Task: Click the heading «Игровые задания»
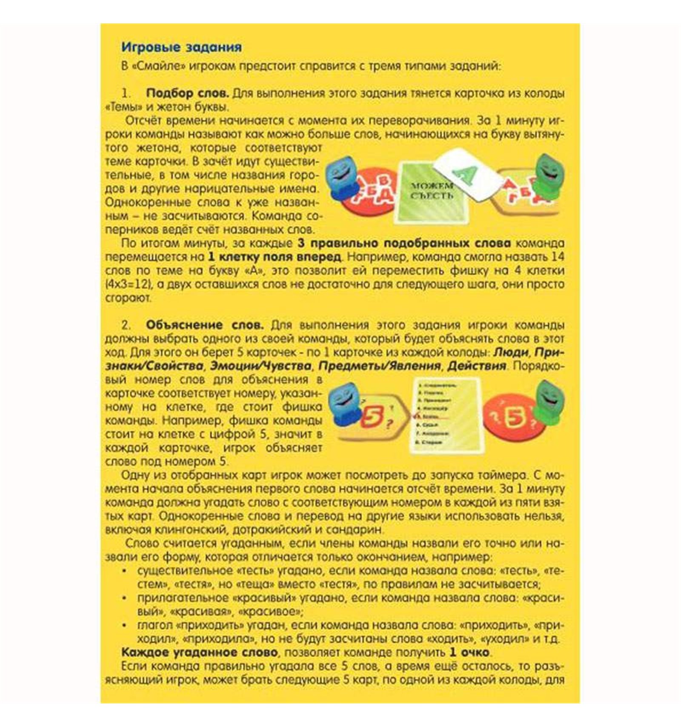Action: pyautogui.click(x=181, y=47)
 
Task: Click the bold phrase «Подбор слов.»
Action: pyautogui.click(x=187, y=93)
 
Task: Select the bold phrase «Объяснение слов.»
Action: pyautogui.click(x=205, y=325)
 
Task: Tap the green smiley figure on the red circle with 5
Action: pyautogui.click(x=550, y=402)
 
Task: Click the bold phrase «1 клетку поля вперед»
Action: pyautogui.click(x=275, y=257)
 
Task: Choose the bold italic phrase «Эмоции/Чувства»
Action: pyautogui.click(x=262, y=366)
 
